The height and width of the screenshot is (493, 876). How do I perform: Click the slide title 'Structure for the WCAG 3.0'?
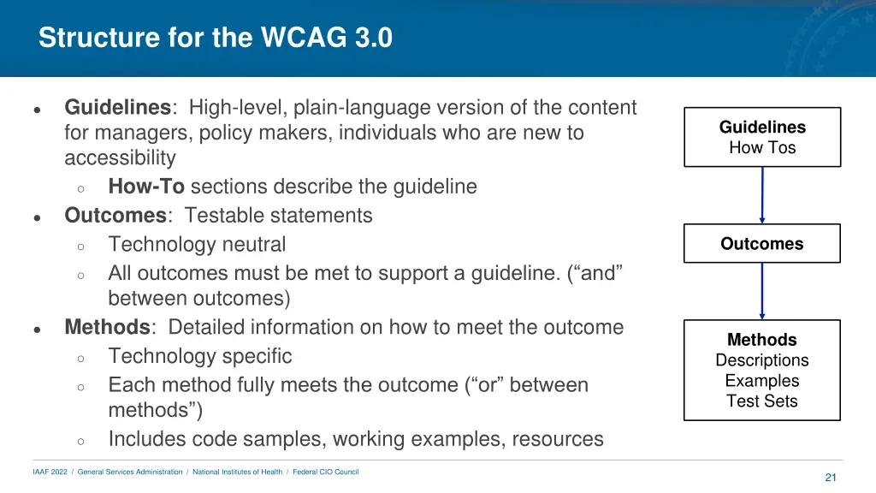[x=216, y=39]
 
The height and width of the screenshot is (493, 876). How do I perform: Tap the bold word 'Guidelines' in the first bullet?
[x=117, y=108]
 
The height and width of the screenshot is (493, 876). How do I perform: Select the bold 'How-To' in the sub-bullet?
[x=146, y=187]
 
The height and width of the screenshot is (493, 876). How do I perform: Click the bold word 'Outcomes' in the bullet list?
[x=115, y=216]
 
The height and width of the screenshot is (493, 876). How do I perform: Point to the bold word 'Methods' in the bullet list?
[x=107, y=328]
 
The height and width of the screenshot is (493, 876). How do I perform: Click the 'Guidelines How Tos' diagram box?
[x=762, y=137]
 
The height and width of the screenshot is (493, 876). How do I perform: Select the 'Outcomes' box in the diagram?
[x=762, y=244]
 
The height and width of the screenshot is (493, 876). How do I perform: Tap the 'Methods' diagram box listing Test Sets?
[x=762, y=370]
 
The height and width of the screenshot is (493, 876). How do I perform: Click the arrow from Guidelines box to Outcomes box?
[x=762, y=195]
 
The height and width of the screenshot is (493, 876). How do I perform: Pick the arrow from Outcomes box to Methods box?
[x=762, y=291]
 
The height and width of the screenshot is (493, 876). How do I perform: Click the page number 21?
[x=830, y=478]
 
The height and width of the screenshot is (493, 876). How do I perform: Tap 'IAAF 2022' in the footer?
[x=50, y=472]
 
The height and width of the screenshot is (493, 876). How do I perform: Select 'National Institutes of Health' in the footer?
[x=237, y=472]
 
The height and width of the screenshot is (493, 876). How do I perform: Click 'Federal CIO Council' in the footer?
[x=326, y=472]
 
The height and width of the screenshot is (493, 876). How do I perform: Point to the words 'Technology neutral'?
[x=197, y=245]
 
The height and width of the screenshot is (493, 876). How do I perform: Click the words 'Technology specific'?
[x=200, y=356]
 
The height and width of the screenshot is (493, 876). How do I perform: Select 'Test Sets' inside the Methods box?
[x=762, y=401]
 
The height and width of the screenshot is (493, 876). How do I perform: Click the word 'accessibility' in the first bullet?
[x=120, y=158]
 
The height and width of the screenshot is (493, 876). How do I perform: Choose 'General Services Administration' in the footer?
[x=130, y=472]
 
